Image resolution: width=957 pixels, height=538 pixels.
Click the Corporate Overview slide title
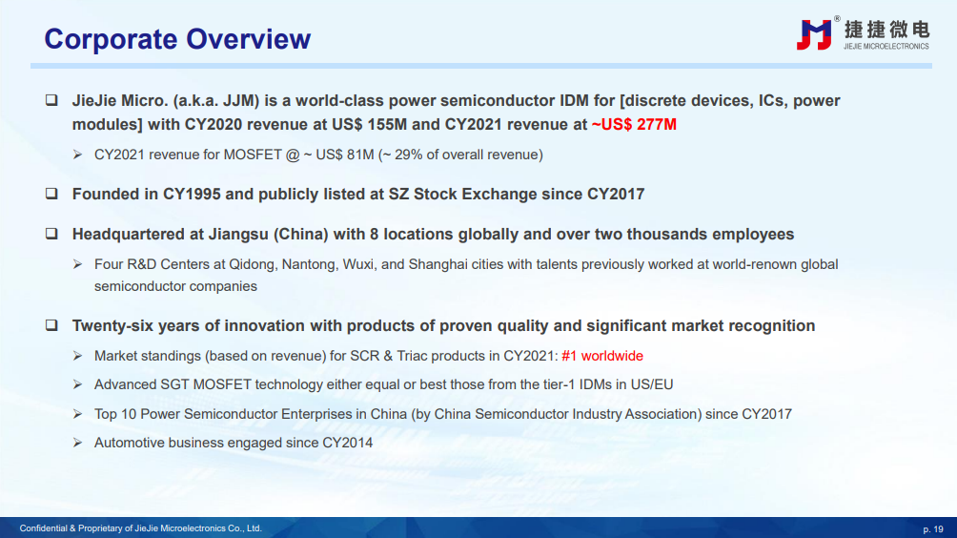pyautogui.click(x=177, y=39)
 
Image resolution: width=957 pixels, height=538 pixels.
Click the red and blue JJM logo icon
pyautogui.click(x=815, y=34)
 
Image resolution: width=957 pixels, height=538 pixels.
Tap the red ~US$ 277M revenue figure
pyautogui.click(x=634, y=125)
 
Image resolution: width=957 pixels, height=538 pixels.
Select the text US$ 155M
pyautogui.click(x=369, y=125)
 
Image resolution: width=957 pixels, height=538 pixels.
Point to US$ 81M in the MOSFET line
pyautogui.click(x=345, y=155)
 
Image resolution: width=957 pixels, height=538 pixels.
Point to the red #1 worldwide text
pyautogui.click(x=602, y=356)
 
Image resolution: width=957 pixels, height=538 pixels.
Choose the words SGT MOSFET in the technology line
pyautogui.click(x=206, y=384)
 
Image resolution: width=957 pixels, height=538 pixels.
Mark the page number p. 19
pyautogui.click(x=933, y=529)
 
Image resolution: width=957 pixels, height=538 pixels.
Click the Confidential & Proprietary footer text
pyautogui.click(x=140, y=528)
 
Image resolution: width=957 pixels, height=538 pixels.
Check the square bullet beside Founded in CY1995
pyautogui.click(x=51, y=194)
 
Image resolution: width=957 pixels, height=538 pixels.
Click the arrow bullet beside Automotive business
pyautogui.click(x=77, y=442)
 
